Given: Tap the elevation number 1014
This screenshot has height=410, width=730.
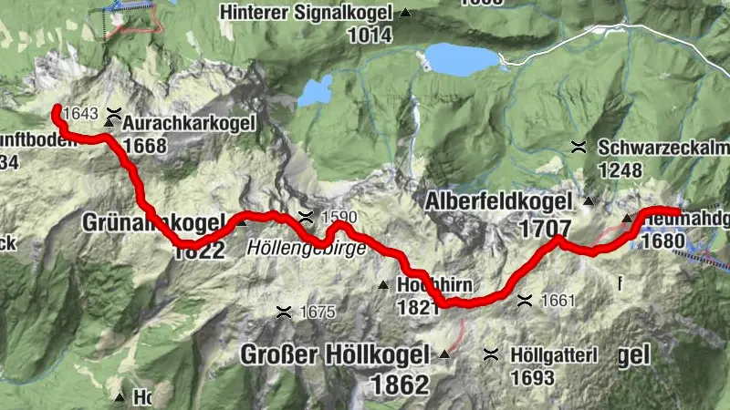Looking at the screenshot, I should pyautogui.click(x=369, y=36).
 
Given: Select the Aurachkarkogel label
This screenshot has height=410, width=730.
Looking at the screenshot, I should pyautogui.click(x=185, y=123).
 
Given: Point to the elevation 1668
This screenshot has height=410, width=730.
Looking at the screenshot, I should pyautogui.click(x=144, y=146).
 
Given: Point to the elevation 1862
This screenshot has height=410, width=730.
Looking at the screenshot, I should pyautogui.click(x=399, y=384).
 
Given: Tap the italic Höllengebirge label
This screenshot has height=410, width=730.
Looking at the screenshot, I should pyautogui.click(x=306, y=248).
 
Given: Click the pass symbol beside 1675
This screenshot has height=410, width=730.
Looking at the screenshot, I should pyautogui.click(x=284, y=312).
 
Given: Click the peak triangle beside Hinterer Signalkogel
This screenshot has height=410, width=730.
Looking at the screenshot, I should pyautogui.click(x=405, y=14).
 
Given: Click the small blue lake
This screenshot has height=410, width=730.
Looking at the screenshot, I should pyautogui.click(x=317, y=91).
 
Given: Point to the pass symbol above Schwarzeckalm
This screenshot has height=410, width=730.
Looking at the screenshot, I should pyautogui.click(x=578, y=146).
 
